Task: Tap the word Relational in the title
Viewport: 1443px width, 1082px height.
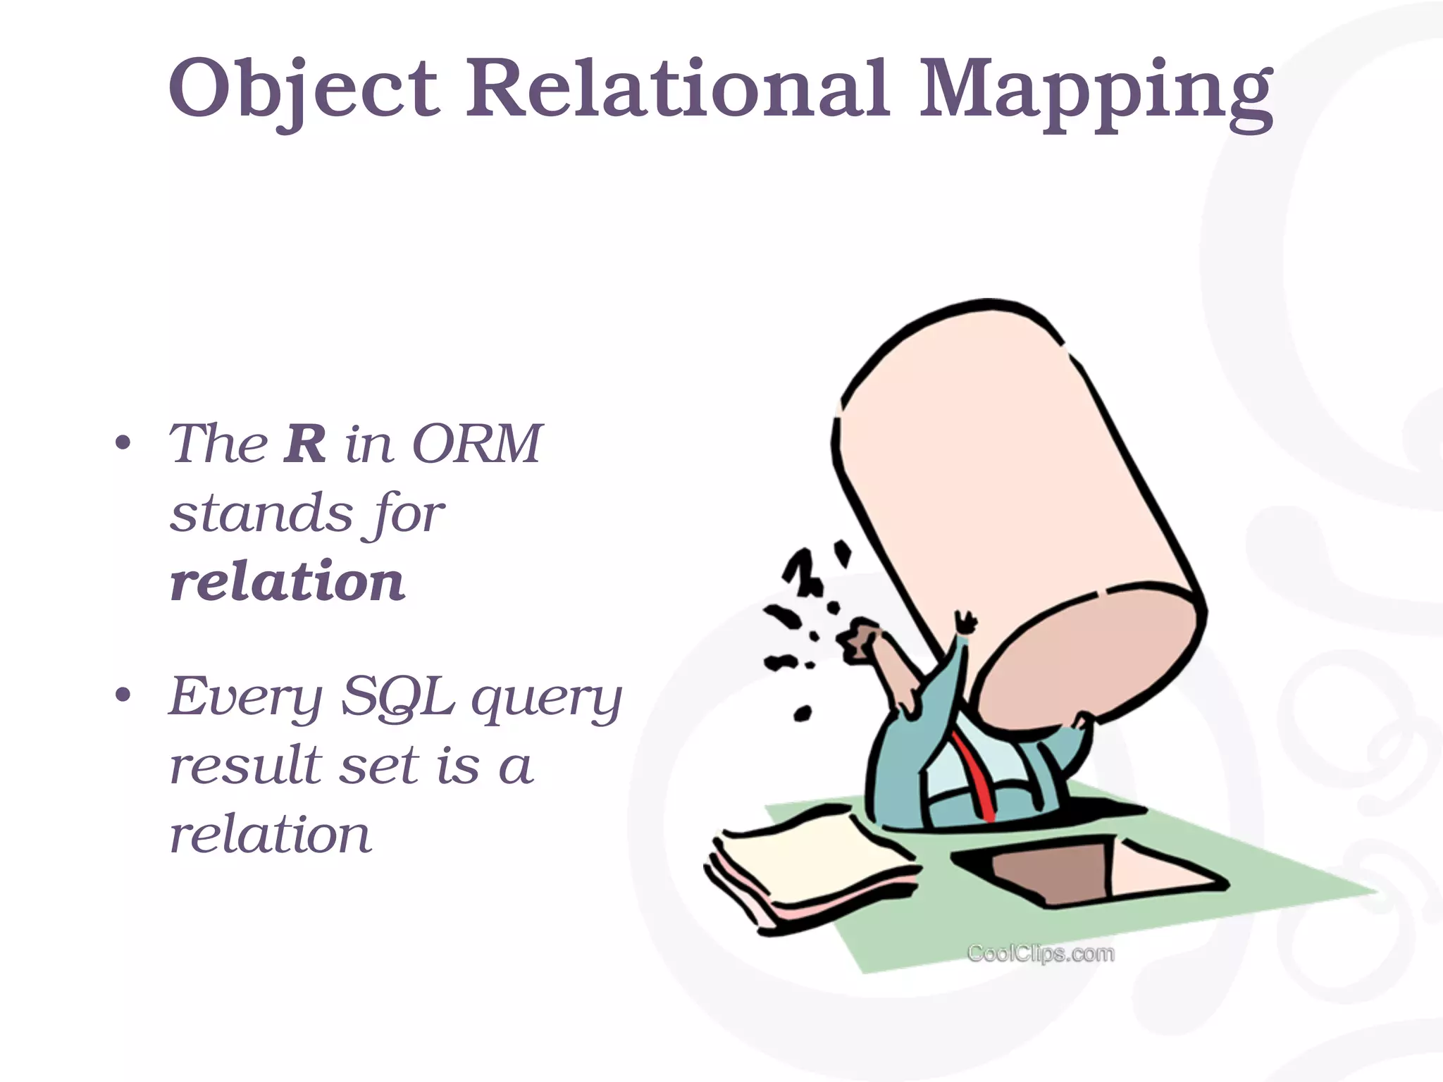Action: point(676,88)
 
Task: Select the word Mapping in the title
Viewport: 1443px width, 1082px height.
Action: point(1095,92)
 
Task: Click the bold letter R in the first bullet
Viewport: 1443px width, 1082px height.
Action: point(304,444)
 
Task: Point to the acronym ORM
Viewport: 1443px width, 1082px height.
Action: point(477,444)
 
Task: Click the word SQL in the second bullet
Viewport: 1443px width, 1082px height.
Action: point(397,696)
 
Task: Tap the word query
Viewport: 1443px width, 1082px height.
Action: point(547,699)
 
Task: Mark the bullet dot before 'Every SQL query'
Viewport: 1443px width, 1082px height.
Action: point(123,696)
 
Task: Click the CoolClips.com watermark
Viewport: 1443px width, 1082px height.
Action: point(1041,954)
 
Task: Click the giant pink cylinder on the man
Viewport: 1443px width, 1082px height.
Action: point(1015,493)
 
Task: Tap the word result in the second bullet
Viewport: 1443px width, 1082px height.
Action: point(246,765)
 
